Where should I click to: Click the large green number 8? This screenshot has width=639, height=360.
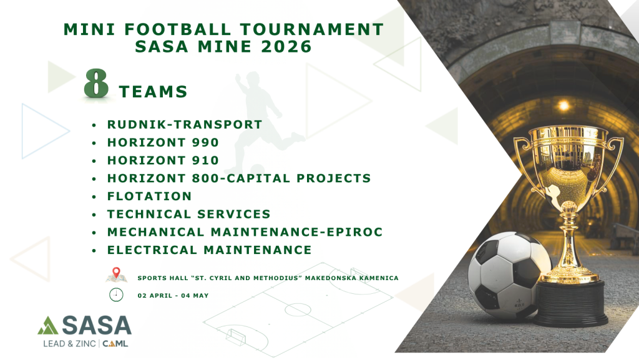click(x=96, y=83)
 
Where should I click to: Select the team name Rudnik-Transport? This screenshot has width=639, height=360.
click(x=185, y=125)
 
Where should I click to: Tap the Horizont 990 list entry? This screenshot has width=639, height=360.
click(x=163, y=142)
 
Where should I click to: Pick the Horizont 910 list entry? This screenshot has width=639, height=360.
click(x=163, y=160)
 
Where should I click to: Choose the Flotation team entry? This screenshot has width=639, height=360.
click(x=149, y=197)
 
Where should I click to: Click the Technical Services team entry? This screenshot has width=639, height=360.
click(x=188, y=214)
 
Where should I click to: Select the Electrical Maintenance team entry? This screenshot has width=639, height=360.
click(x=210, y=250)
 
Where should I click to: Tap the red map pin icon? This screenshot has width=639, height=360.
click(x=116, y=273)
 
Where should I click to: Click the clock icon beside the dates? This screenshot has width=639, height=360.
click(x=116, y=294)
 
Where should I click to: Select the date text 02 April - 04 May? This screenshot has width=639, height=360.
click(x=173, y=296)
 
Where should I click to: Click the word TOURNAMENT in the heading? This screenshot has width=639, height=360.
click(x=312, y=29)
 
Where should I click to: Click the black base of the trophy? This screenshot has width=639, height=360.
click(x=570, y=303)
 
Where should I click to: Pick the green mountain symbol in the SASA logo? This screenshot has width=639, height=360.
click(x=48, y=326)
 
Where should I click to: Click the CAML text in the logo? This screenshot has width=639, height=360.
click(x=115, y=344)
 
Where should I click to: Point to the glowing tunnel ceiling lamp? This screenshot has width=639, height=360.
click(x=564, y=106)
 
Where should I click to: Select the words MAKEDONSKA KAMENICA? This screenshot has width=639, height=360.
click(x=352, y=278)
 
